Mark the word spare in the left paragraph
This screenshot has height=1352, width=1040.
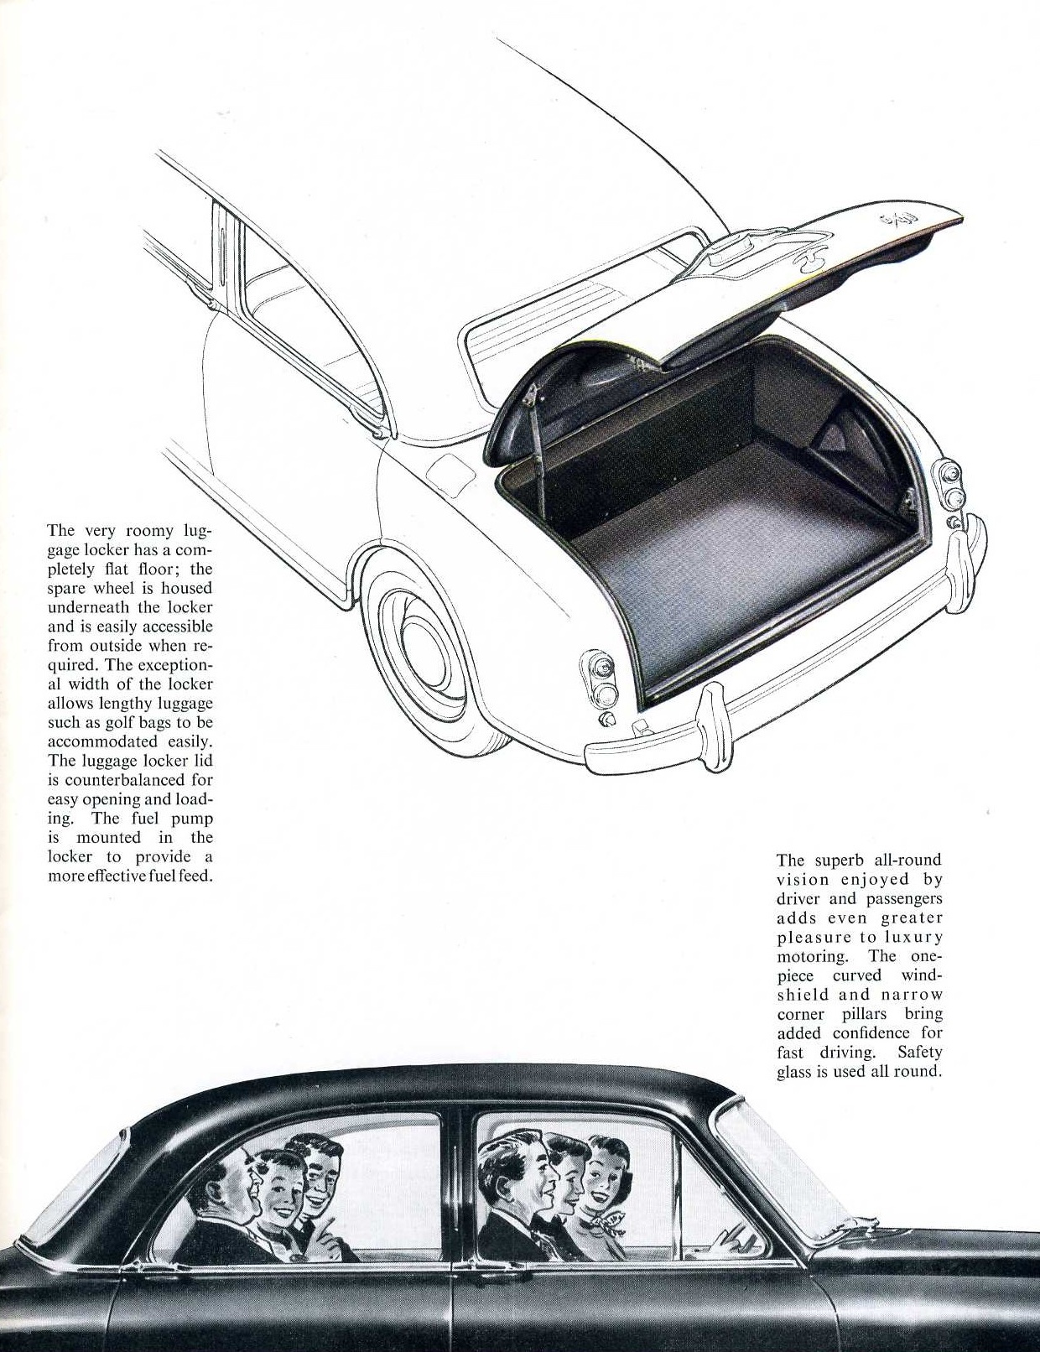(68, 587)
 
